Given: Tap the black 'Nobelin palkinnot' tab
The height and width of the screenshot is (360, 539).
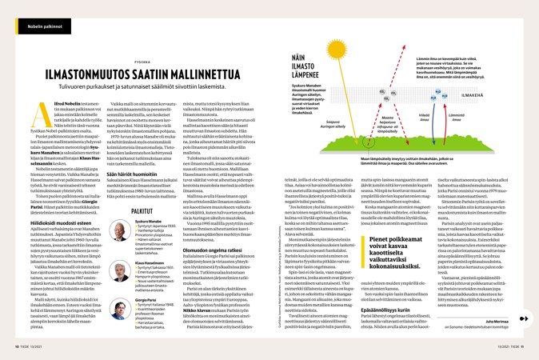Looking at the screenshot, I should (x=45, y=26).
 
